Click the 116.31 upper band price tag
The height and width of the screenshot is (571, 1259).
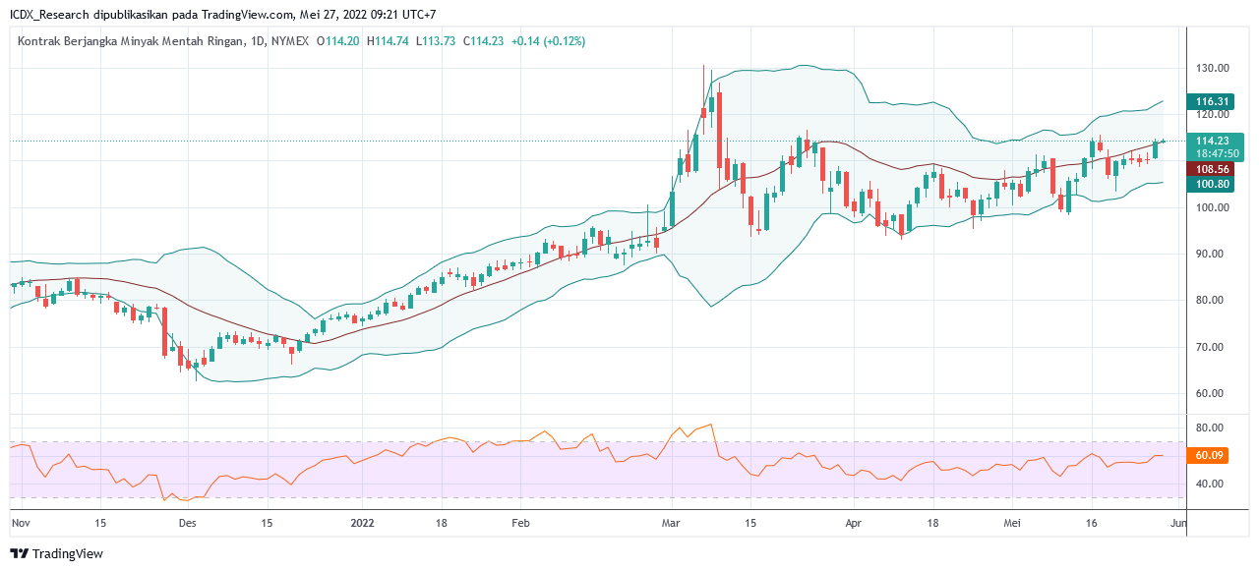(x=1213, y=101)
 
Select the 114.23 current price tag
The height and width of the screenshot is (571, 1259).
(x=1213, y=141)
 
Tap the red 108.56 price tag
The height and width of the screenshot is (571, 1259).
(x=1213, y=169)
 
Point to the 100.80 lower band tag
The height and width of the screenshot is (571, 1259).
(x=1213, y=184)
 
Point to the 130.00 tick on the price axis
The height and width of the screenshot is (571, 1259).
(x=1212, y=68)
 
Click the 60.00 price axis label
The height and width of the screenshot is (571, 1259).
(x=1212, y=393)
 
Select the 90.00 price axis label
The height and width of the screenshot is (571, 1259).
(x=1212, y=254)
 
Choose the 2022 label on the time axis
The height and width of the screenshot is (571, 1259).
(x=363, y=523)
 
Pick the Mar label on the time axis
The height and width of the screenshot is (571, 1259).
(x=671, y=523)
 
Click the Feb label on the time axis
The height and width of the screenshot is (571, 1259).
(x=521, y=523)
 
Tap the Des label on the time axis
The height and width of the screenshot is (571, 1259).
(x=188, y=523)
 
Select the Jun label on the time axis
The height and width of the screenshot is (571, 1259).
(x=1178, y=523)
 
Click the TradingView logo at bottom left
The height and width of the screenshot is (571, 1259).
(x=58, y=553)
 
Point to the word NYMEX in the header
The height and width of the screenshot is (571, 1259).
(x=289, y=41)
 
